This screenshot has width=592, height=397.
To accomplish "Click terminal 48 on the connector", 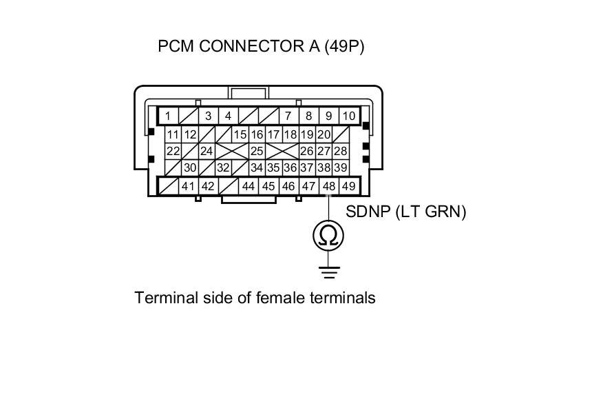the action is (329, 186).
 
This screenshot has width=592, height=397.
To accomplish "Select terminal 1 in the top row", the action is (168, 116).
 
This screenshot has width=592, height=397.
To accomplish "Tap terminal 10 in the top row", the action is (349, 116).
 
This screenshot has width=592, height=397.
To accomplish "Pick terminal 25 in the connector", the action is (257, 151).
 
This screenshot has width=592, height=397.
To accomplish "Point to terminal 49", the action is (348, 186).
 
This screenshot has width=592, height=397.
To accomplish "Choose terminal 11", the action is (173, 134).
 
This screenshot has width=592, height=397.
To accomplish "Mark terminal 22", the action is (173, 151).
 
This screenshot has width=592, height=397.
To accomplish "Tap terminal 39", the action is (340, 167).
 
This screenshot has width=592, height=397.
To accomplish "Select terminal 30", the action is (190, 167).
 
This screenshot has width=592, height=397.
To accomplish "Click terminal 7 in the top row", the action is (288, 116).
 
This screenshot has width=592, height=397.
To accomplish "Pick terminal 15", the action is (240, 134).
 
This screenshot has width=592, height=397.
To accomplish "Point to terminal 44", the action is (249, 186).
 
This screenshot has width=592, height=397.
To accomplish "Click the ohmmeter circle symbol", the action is (329, 236).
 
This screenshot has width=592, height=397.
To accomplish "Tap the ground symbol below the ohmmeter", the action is (329, 272).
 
